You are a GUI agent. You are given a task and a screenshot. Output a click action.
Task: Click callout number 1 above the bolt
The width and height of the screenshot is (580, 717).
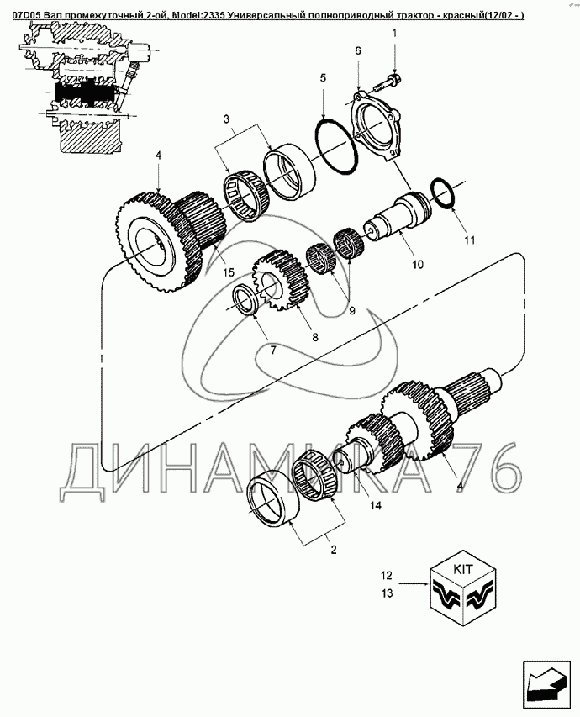394,33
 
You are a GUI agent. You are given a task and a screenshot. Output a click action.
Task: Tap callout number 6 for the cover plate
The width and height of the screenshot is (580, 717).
358,50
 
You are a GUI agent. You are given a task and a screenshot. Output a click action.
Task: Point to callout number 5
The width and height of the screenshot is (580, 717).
323,78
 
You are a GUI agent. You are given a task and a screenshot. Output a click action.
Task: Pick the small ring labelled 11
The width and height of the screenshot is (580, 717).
443,193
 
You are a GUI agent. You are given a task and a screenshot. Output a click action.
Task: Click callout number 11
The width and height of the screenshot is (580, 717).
470,240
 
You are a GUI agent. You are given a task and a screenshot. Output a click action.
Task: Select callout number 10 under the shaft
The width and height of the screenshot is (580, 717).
418,264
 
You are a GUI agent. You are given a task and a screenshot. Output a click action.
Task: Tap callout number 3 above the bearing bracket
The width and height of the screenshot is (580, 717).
226,120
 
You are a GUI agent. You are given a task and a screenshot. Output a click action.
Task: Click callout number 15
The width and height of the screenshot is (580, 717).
229,272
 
